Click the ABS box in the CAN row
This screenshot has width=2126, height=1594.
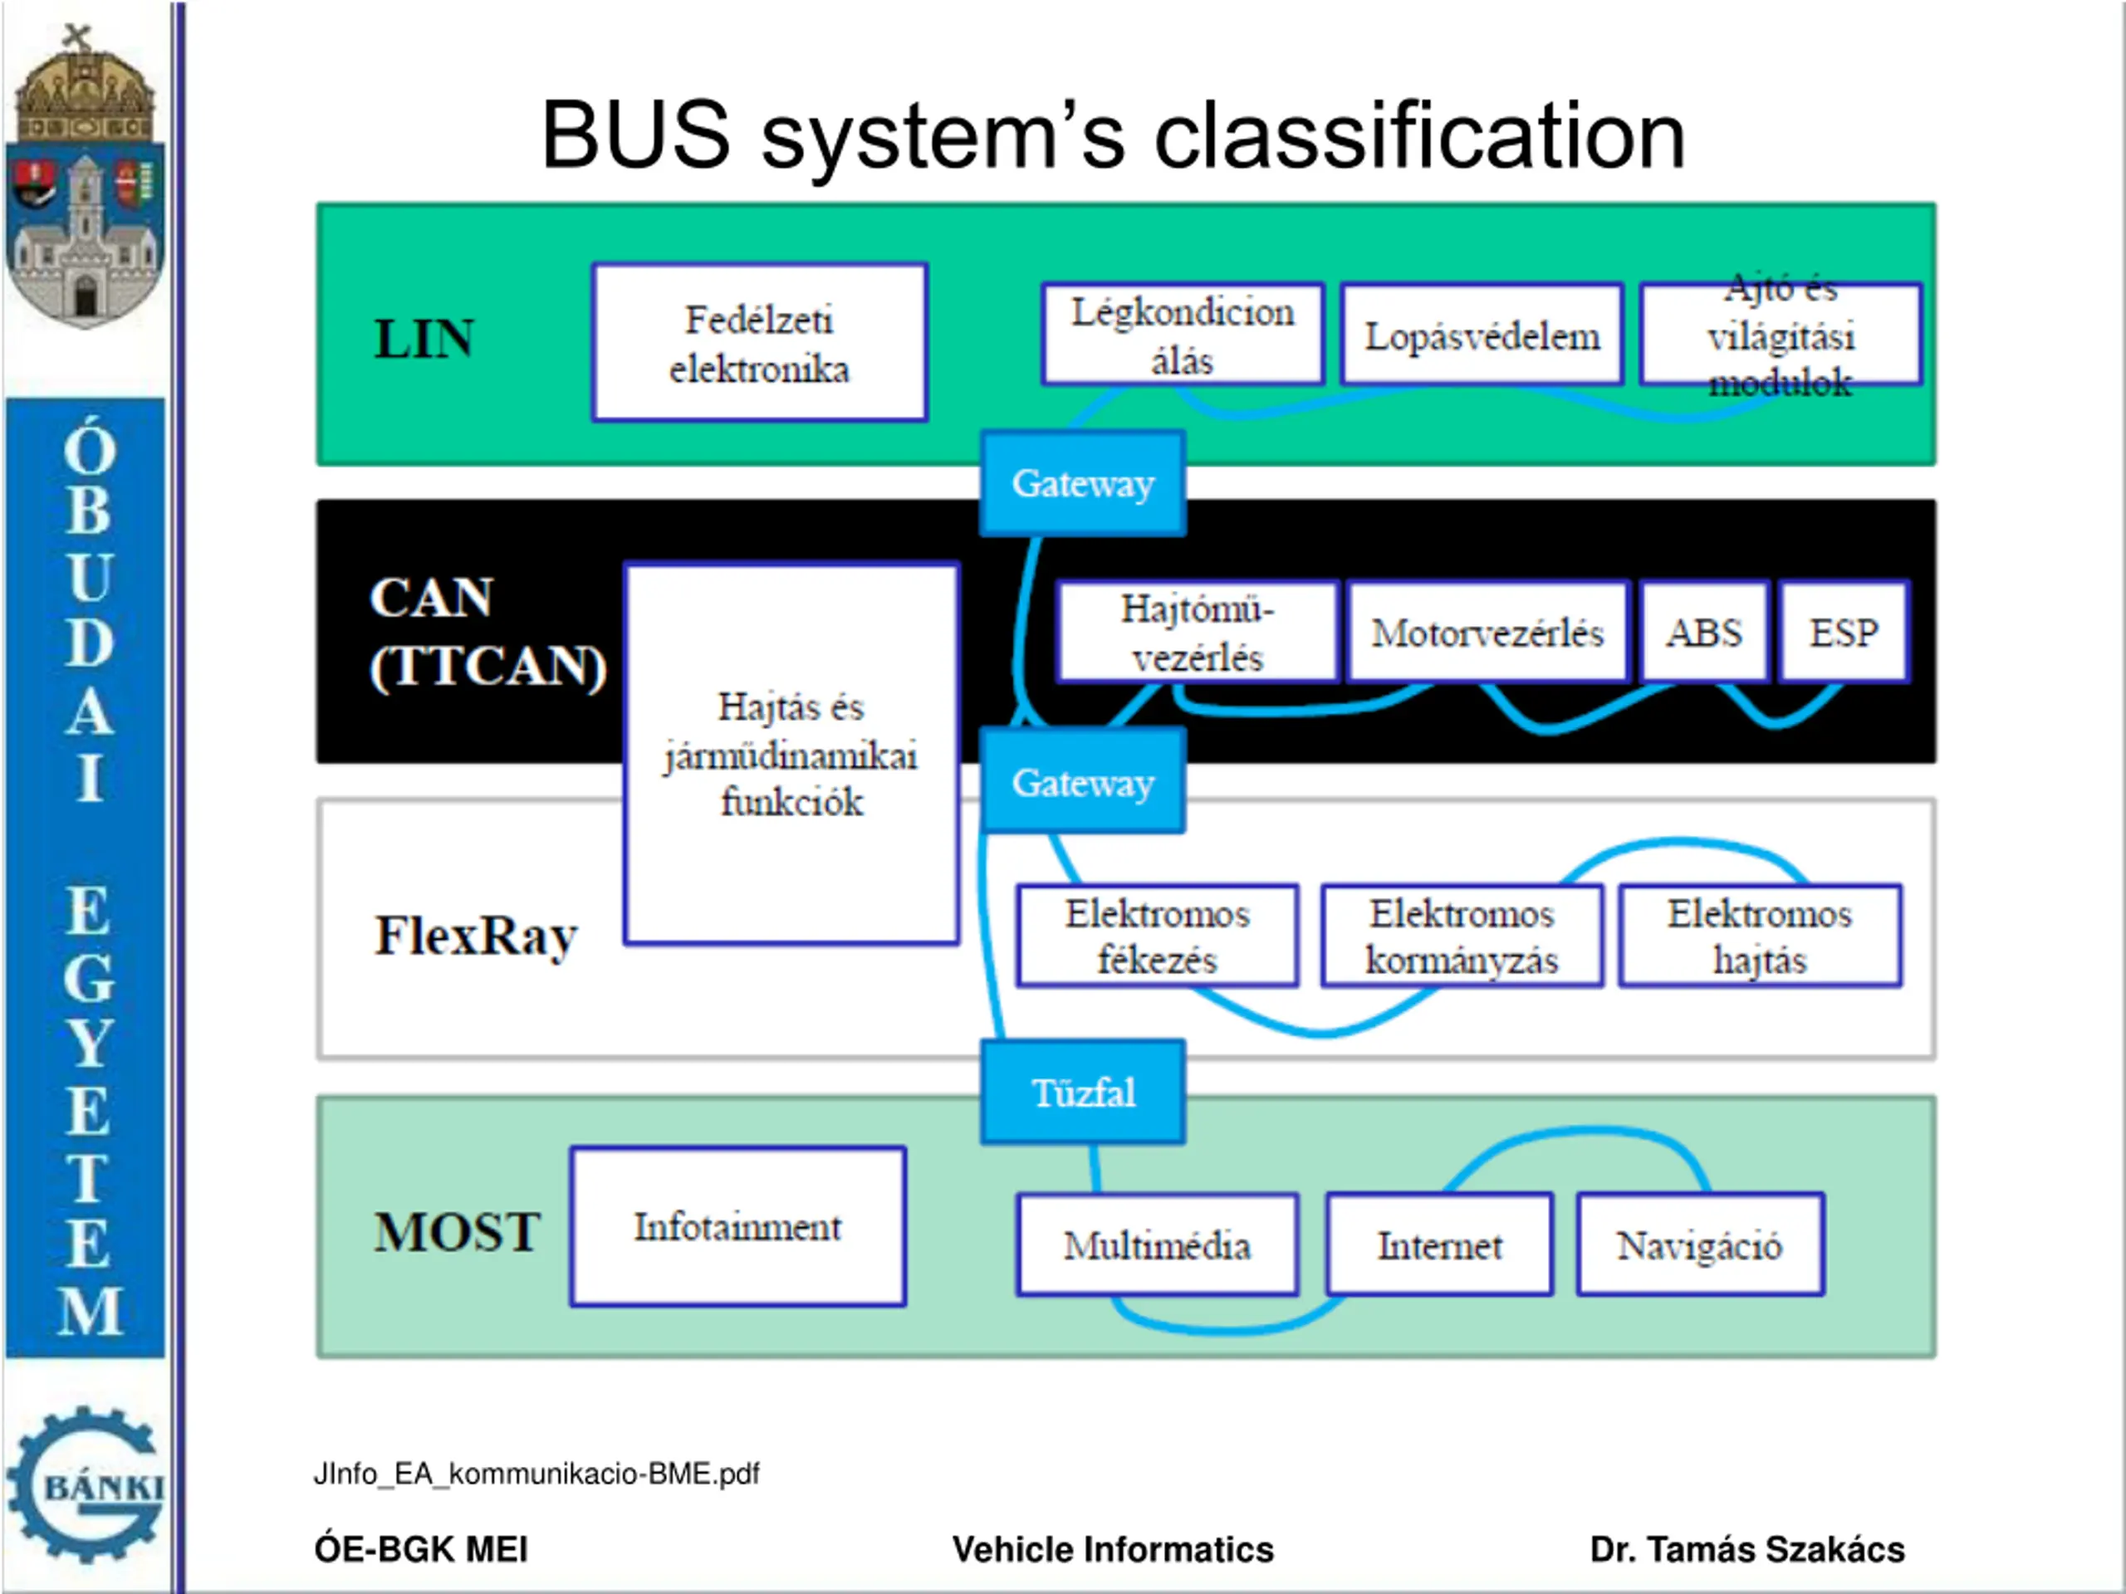click(x=1703, y=633)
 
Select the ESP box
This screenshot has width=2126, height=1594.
click(x=1844, y=633)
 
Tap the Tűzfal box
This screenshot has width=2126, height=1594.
click(x=1083, y=1093)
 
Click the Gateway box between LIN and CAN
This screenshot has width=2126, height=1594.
click(x=1083, y=483)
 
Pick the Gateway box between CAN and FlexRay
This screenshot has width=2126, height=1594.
click(x=1083, y=782)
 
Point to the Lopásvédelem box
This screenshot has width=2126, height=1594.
click(x=1482, y=335)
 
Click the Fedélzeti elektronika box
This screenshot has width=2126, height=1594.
click(x=759, y=343)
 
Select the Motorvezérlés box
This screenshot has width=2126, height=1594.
click(x=1487, y=633)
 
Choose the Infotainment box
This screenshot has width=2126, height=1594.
click(x=737, y=1227)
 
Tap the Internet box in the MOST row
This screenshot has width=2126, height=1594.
click(x=1439, y=1245)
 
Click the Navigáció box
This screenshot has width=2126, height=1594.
click(x=1699, y=1245)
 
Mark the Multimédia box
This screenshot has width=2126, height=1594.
click(x=1157, y=1245)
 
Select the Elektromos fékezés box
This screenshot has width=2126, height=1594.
click(x=1157, y=936)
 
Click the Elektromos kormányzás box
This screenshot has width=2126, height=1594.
click(x=1462, y=936)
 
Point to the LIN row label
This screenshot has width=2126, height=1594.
click(x=424, y=340)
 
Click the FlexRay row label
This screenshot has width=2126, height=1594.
click(x=476, y=936)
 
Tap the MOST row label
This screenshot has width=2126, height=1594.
click(x=457, y=1232)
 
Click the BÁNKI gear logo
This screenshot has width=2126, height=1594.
click(x=86, y=1484)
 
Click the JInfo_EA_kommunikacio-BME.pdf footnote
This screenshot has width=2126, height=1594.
click(x=536, y=1474)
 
